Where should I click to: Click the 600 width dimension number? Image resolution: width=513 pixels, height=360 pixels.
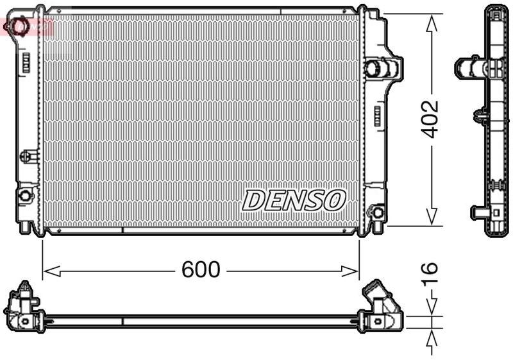200,270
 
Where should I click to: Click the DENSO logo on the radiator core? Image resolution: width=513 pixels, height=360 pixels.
294,200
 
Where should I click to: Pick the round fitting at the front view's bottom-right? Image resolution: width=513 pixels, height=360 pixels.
378,210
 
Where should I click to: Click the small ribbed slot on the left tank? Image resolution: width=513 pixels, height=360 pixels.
26,63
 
